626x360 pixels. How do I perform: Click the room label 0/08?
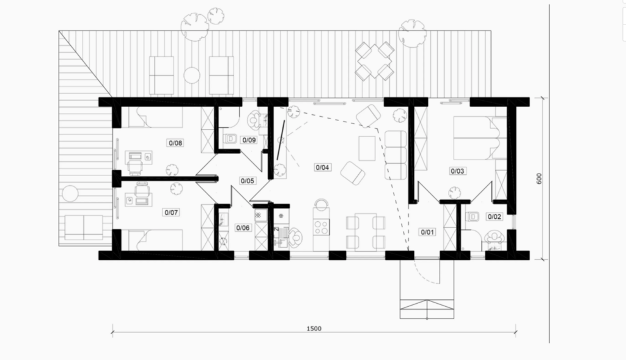[x=175, y=143]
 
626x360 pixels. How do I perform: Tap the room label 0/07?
[x=171, y=212]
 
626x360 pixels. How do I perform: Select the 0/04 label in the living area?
[x=322, y=167]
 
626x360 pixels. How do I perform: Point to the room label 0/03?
[x=457, y=171]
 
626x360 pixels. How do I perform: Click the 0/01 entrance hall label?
[x=427, y=232]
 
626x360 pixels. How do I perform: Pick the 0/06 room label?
[x=243, y=228]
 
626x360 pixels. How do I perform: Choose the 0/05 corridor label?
[x=248, y=181]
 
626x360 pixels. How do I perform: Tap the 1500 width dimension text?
[x=314, y=328]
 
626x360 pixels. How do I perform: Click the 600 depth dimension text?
[x=539, y=178]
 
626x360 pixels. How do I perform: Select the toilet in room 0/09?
[x=230, y=139]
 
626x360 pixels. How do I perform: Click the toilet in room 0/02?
[x=473, y=217]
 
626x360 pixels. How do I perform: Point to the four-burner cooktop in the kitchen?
[x=322, y=227]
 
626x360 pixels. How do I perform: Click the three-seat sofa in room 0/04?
[x=396, y=155]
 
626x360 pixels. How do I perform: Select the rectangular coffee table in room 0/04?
[x=367, y=148]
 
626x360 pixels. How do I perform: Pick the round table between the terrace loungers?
[x=191, y=75]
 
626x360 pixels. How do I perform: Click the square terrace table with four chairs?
[x=375, y=61]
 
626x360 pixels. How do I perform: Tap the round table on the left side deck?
[x=70, y=194]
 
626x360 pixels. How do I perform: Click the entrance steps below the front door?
[x=427, y=309]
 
